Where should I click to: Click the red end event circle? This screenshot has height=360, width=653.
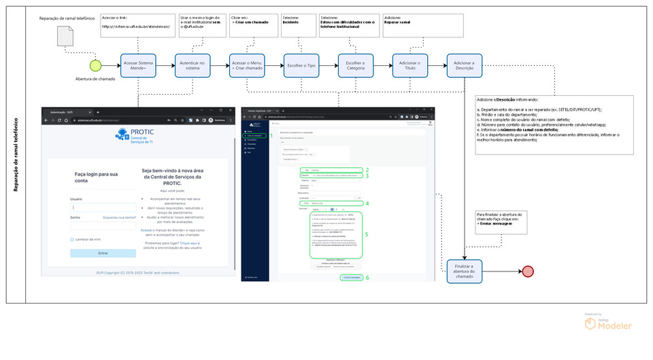(x=528, y=271)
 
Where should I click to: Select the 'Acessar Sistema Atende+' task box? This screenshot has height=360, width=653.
(x=139, y=66)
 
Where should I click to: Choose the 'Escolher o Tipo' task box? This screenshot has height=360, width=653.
(x=302, y=66)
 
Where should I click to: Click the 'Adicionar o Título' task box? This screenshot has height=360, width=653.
(x=410, y=66)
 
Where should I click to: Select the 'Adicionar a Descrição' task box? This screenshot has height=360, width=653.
(x=465, y=66)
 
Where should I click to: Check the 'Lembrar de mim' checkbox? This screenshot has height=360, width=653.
(x=72, y=240)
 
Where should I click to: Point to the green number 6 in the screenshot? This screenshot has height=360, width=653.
(x=367, y=277)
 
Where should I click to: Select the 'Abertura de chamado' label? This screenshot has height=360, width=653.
(x=95, y=78)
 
